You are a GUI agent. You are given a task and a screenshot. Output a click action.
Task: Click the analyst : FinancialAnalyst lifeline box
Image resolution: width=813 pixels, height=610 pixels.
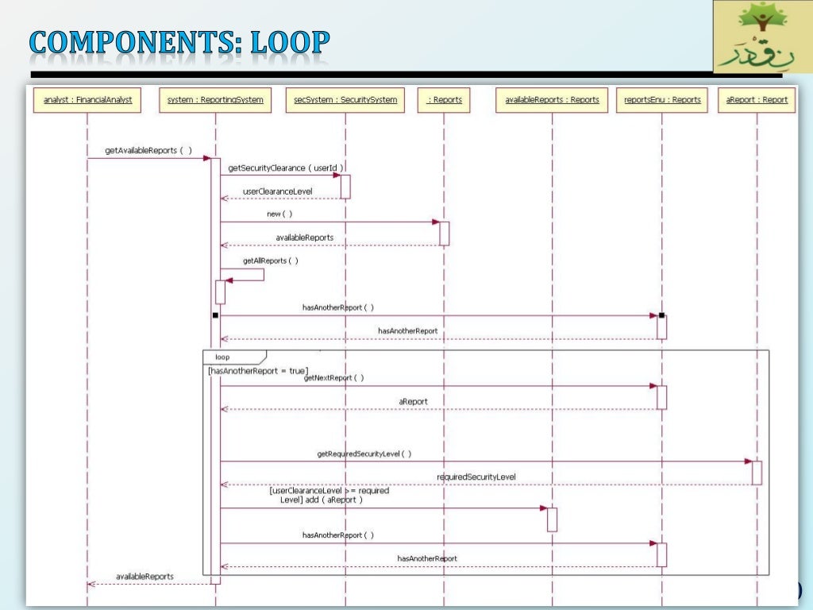tap(88, 100)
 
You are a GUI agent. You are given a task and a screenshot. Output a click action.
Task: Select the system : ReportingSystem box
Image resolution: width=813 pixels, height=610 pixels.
tap(215, 100)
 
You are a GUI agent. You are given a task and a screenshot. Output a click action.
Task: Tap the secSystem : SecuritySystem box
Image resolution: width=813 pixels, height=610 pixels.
tap(345, 100)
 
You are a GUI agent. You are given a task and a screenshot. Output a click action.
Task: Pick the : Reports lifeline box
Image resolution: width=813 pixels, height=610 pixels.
tap(445, 100)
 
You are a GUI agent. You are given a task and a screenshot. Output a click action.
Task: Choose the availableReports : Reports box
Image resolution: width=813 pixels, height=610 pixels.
tap(553, 100)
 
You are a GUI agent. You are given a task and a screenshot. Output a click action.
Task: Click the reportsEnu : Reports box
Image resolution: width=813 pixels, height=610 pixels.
tap(661, 100)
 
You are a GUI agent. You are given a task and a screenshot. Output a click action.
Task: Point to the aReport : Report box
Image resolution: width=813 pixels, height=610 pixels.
tap(757, 100)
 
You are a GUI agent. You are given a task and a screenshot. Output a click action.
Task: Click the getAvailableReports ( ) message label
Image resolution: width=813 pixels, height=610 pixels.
tap(148, 150)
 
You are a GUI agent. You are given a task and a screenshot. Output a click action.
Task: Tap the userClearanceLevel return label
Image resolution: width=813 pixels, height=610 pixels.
tap(278, 191)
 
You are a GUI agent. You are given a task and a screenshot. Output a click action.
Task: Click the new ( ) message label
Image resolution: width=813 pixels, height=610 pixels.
tap(279, 214)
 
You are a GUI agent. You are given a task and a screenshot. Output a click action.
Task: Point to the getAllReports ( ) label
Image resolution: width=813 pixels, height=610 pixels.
tap(271, 261)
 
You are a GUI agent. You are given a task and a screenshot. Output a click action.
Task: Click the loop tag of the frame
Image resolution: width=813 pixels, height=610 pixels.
tap(223, 357)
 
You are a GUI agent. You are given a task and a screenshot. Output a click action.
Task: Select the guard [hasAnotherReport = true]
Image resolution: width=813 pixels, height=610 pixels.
tap(258, 371)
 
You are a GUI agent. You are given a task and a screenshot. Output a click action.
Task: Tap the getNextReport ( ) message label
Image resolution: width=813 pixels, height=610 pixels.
tap(333, 378)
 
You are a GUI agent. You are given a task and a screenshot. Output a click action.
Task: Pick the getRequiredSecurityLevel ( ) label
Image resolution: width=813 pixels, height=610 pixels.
tap(364, 454)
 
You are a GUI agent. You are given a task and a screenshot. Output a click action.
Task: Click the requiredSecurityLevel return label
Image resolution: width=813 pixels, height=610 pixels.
tap(476, 477)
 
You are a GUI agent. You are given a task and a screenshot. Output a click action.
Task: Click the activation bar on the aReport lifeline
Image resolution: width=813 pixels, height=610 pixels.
tap(757, 473)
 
